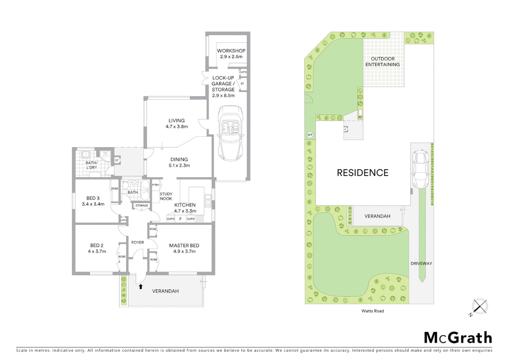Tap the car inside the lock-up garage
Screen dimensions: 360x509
(x=230, y=133)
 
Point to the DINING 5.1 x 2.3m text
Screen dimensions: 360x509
(x=179, y=162)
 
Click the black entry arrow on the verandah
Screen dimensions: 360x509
(x=141, y=286)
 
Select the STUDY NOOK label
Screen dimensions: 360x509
(x=166, y=196)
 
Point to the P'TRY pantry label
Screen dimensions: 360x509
(x=156, y=185)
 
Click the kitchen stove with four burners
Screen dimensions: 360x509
(x=200, y=219)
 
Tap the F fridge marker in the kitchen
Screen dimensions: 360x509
(x=180, y=219)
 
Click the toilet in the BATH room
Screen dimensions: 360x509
(x=125, y=185)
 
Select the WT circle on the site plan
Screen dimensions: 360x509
(x=310, y=135)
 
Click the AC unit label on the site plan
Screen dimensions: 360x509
(x=360, y=117)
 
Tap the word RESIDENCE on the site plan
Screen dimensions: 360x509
(x=362, y=173)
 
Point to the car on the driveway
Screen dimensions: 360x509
(x=420, y=169)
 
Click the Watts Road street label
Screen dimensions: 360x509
(x=372, y=311)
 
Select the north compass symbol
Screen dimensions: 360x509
(x=479, y=307)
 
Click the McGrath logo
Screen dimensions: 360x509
(x=458, y=338)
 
